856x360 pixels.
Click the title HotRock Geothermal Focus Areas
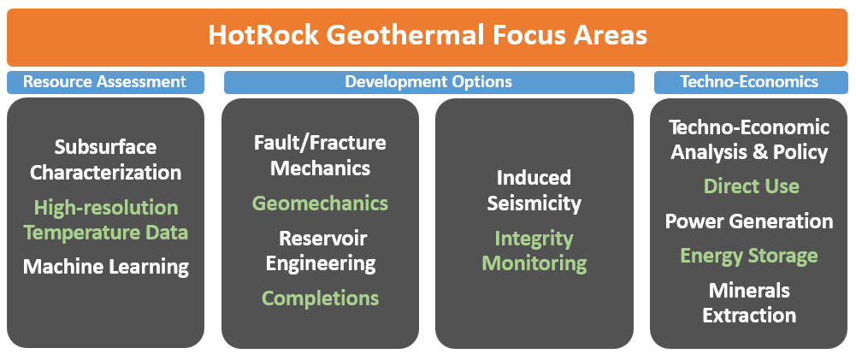[428, 36]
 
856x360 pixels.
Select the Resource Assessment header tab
[104, 82]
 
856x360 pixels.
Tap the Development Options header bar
[428, 82]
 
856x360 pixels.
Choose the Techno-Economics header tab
[749, 82]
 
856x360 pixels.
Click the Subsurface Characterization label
[106, 160]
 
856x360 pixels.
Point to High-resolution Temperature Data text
[106, 220]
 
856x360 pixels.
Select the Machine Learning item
[106, 267]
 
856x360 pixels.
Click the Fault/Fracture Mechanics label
[320, 155]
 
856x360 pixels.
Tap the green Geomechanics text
[320, 204]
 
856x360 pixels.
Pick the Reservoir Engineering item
[320, 251]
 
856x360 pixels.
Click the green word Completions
[320, 298]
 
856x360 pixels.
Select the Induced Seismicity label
[534, 191]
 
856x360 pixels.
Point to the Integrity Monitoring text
[534, 251]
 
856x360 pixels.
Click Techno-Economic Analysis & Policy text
[749, 140]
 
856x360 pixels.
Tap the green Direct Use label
[751, 186]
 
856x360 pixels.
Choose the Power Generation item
[749, 221]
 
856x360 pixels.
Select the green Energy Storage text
[749, 257]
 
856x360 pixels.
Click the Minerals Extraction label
[749, 303]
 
